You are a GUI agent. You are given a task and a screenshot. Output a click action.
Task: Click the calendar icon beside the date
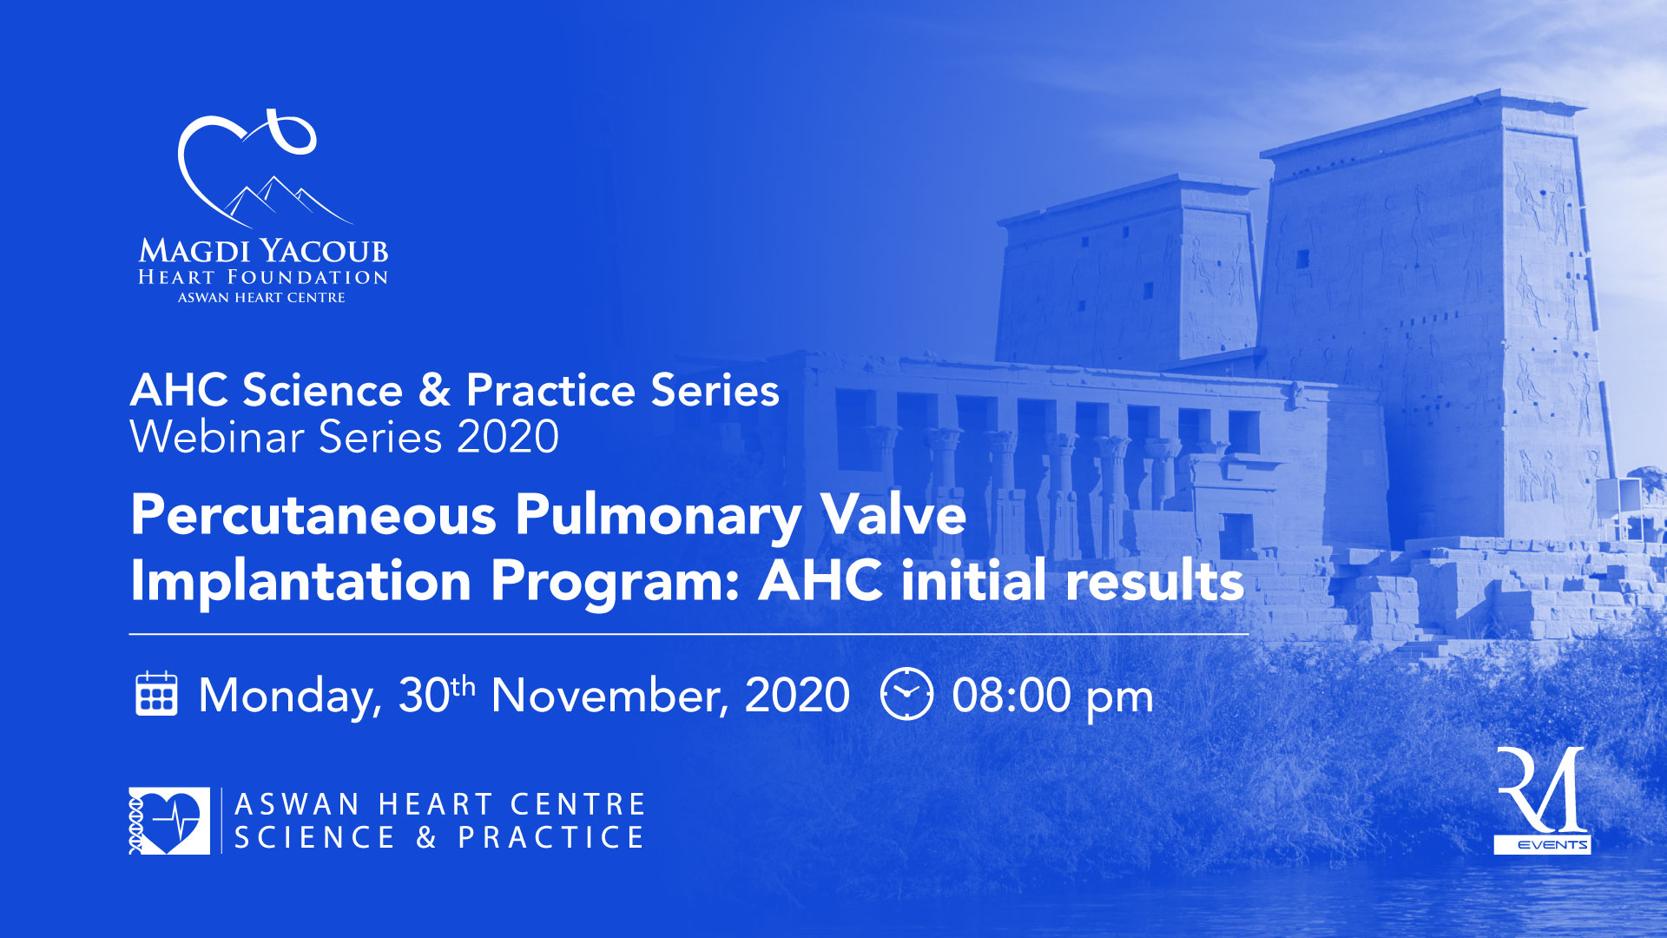(x=156, y=694)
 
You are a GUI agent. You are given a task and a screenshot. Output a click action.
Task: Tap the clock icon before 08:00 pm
(x=906, y=694)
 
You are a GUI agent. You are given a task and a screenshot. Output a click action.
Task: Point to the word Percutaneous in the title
(x=313, y=515)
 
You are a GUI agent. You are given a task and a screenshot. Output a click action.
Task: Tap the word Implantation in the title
(x=300, y=580)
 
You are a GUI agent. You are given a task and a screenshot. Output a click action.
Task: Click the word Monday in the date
(x=290, y=697)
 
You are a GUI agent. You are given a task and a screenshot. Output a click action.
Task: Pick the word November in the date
(x=610, y=697)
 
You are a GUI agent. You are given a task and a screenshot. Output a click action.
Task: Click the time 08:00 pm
(x=1052, y=697)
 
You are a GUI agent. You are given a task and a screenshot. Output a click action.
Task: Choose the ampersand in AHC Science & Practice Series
(x=433, y=390)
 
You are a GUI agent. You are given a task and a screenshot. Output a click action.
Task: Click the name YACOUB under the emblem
(x=325, y=251)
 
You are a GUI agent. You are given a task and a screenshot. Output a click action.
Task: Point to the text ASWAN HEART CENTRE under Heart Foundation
(x=261, y=298)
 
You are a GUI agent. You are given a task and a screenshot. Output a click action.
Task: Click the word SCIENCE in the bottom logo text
(x=315, y=837)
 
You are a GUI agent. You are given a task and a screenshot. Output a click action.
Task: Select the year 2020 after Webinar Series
(x=508, y=436)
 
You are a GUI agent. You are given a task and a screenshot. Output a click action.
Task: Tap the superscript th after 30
(x=464, y=686)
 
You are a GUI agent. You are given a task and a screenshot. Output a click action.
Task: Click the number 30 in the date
(x=425, y=696)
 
